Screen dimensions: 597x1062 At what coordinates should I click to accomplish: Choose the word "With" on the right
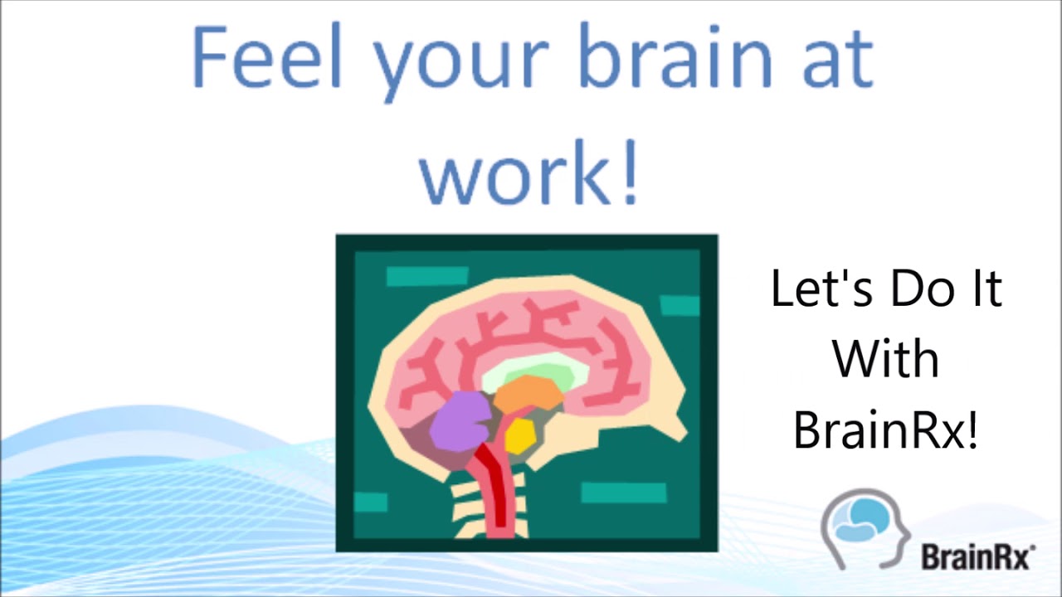click(885, 359)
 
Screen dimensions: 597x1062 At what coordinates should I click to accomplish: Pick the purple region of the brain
click(461, 419)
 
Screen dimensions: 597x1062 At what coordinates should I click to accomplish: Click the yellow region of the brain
click(519, 435)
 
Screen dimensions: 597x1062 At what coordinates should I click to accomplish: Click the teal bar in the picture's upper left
click(427, 276)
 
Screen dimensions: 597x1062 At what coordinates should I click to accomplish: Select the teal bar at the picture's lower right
click(623, 493)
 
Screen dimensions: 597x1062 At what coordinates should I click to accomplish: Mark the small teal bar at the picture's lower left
click(371, 502)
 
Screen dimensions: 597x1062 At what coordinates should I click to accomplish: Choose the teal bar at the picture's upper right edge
click(680, 305)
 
